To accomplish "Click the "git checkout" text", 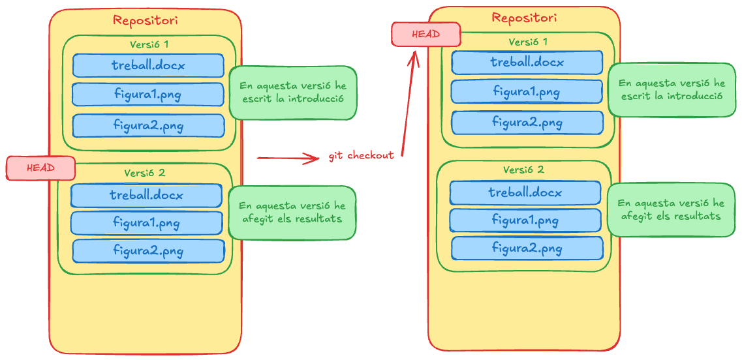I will pyautogui.click(x=362, y=157).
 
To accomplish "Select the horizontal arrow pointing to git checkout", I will pyautogui.click(x=287, y=157).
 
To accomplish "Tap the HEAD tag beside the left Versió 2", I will pyautogui.click(x=40, y=168).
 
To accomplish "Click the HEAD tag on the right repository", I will pyautogui.click(x=425, y=34).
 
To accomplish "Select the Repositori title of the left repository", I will pyautogui.click(x=145, y=20).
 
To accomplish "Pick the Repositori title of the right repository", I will pyautogui.click(x=524, y=18).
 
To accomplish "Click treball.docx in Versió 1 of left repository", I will pyautogui.click(x=148, y=66).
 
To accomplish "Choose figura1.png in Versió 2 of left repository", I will pyautogui.click(x=146, y=223).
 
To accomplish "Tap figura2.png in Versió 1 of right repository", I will pyautogui.click(x=527, y=123).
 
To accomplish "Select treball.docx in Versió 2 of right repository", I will pyautogui.click(x=525, y=193).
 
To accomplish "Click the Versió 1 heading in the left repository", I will pyautogui.click(x=148, y=45).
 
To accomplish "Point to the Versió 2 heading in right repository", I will pyautogui.click(x=523, y=170).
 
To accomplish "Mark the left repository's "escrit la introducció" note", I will pyautogui.click(x=292, y=92).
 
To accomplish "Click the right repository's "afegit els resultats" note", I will pyautogui.click(x=670, y=210).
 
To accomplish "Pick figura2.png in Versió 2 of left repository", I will pyautogui.click(x=148, y=251).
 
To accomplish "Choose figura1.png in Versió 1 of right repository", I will pyautogui.click(x=527, y=92).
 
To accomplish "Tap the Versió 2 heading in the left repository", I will pyautogui.click(x=145, y=173).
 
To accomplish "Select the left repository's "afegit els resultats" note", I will pyautogui.click(x=292, y=212).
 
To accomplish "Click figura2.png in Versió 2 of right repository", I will pyautogui.click(x=527, y=248).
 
